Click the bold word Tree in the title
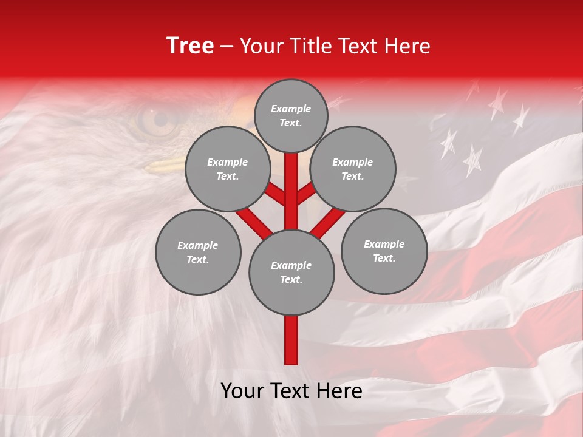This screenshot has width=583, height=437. tap(190, 46)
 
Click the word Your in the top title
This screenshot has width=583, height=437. tap(262, 46)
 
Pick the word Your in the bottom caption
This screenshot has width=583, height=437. tap(243, 391)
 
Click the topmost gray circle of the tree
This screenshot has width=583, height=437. tap(291, 115)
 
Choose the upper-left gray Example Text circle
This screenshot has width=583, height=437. tap(227, 169)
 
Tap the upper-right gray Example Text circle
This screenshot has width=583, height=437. tap(352, 169)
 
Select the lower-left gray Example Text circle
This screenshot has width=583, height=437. tap(198, 252)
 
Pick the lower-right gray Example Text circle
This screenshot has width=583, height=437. tap(384, 251)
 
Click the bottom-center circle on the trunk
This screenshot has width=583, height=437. tap(291, 272)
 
